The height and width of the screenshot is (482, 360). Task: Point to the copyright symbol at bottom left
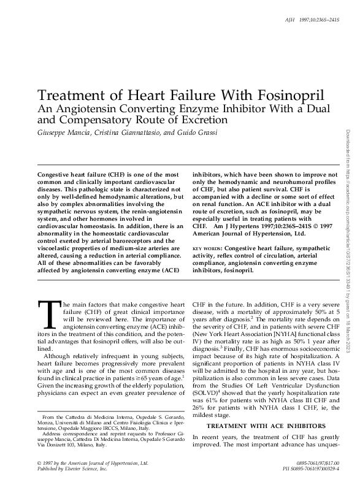[40, 461]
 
